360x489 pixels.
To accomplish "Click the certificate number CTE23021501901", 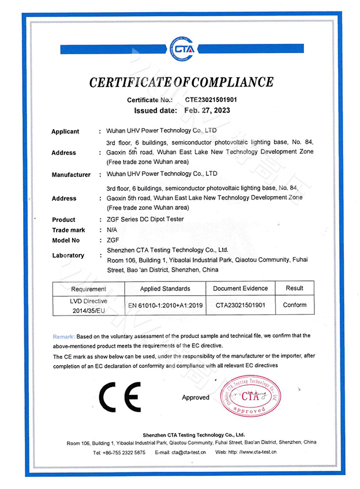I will [x=210, y=100].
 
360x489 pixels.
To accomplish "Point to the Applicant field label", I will [x=65, y=131].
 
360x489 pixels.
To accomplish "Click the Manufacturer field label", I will [x=71, y=174].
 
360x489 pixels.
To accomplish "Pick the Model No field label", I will [x=66, y=240].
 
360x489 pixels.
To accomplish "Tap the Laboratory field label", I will [x=68, y=255].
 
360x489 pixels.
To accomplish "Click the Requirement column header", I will [x=89, y=289].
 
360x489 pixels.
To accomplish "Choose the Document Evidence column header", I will [x=241, y=288].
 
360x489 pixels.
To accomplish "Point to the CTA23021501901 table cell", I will [x=241, y=305].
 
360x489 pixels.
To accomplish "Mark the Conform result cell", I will [x=295, y=305].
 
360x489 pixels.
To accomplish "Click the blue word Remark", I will [x=63, y=336].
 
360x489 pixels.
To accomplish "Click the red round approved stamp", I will [x=252, y=397].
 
